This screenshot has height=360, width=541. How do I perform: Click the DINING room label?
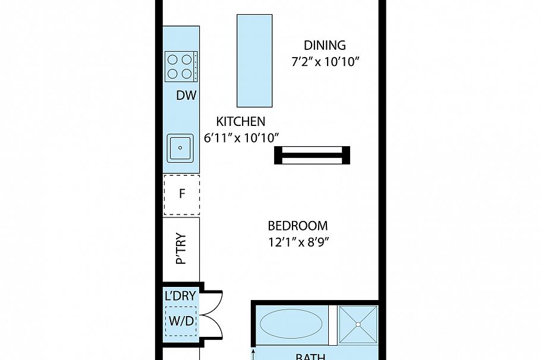324,46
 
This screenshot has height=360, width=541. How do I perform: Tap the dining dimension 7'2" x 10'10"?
326,62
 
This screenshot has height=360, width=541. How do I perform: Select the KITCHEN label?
240,122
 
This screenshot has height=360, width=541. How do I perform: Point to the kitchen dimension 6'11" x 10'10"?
241,138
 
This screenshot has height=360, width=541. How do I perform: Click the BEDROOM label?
298,226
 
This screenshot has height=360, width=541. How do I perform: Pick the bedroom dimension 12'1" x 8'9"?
298,242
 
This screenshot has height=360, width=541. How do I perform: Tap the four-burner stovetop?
180,67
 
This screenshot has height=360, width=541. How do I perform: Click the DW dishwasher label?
186,96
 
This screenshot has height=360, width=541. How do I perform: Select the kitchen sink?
180,148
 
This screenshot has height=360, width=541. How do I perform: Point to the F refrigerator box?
182,195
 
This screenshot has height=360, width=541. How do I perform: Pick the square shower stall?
358,324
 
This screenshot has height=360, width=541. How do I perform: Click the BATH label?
310,356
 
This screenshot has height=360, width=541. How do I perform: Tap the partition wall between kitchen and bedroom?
312,155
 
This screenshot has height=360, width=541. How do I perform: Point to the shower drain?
358,324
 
